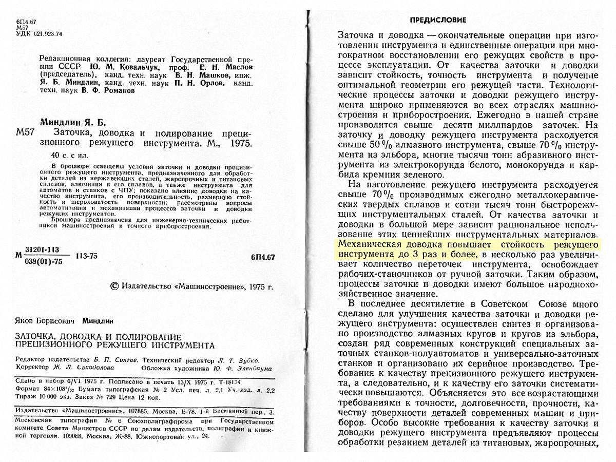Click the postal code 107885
[x=146, y=412]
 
